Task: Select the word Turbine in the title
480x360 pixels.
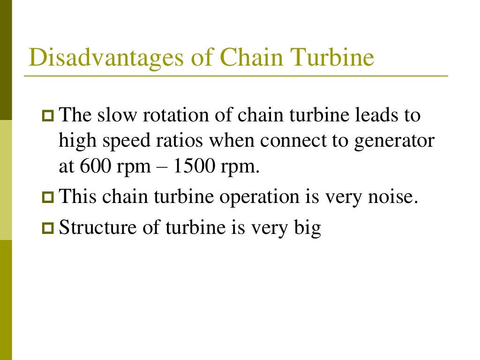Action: click(332, 58)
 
